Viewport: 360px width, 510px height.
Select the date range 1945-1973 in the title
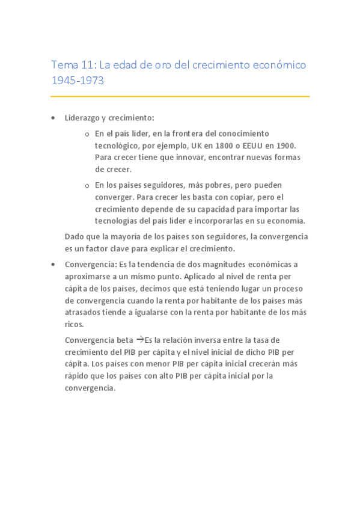[78, 80]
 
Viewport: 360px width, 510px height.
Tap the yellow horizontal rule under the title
[180, 96]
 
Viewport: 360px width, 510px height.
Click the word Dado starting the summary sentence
[75, 236]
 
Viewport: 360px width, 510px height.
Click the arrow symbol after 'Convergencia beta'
[140, 339]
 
